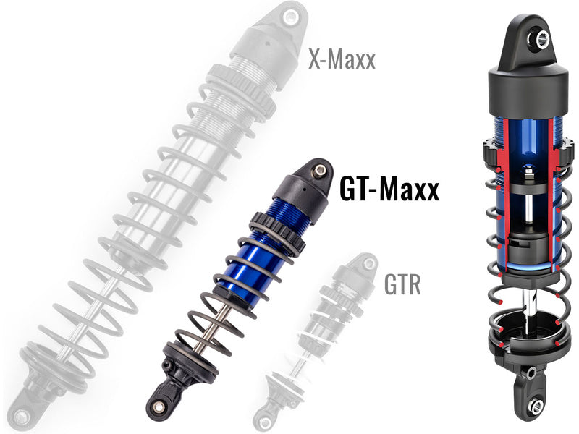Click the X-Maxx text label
click(x=342, y=59)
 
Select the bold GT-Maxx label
click(x=389, y=190)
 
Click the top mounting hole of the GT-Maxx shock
click(x=316, y=169)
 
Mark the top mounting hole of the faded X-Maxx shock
click(x=290, y=16)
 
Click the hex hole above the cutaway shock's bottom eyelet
click(x=530, y=373)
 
